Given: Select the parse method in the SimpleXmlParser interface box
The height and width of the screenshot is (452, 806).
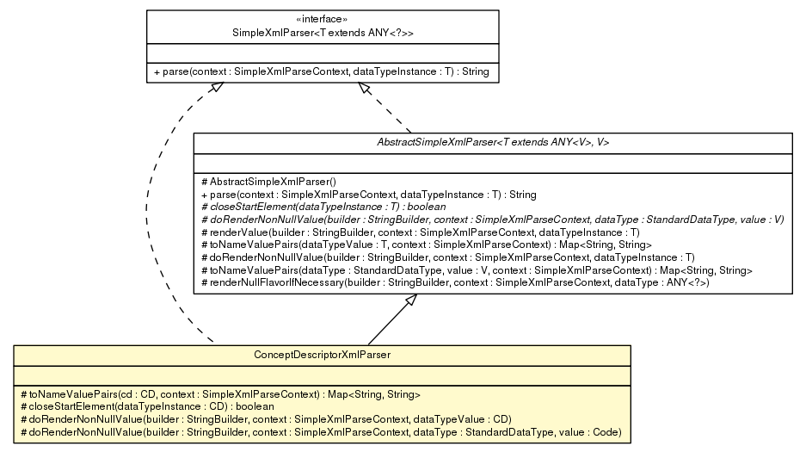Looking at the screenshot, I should click(321, 71).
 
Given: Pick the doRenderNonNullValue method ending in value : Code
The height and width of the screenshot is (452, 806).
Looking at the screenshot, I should click(320, 431).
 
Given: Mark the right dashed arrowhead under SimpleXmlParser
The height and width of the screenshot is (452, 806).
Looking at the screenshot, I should click(366, 89).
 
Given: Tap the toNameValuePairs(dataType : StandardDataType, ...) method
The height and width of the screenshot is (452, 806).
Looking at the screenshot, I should click(476, 270).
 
